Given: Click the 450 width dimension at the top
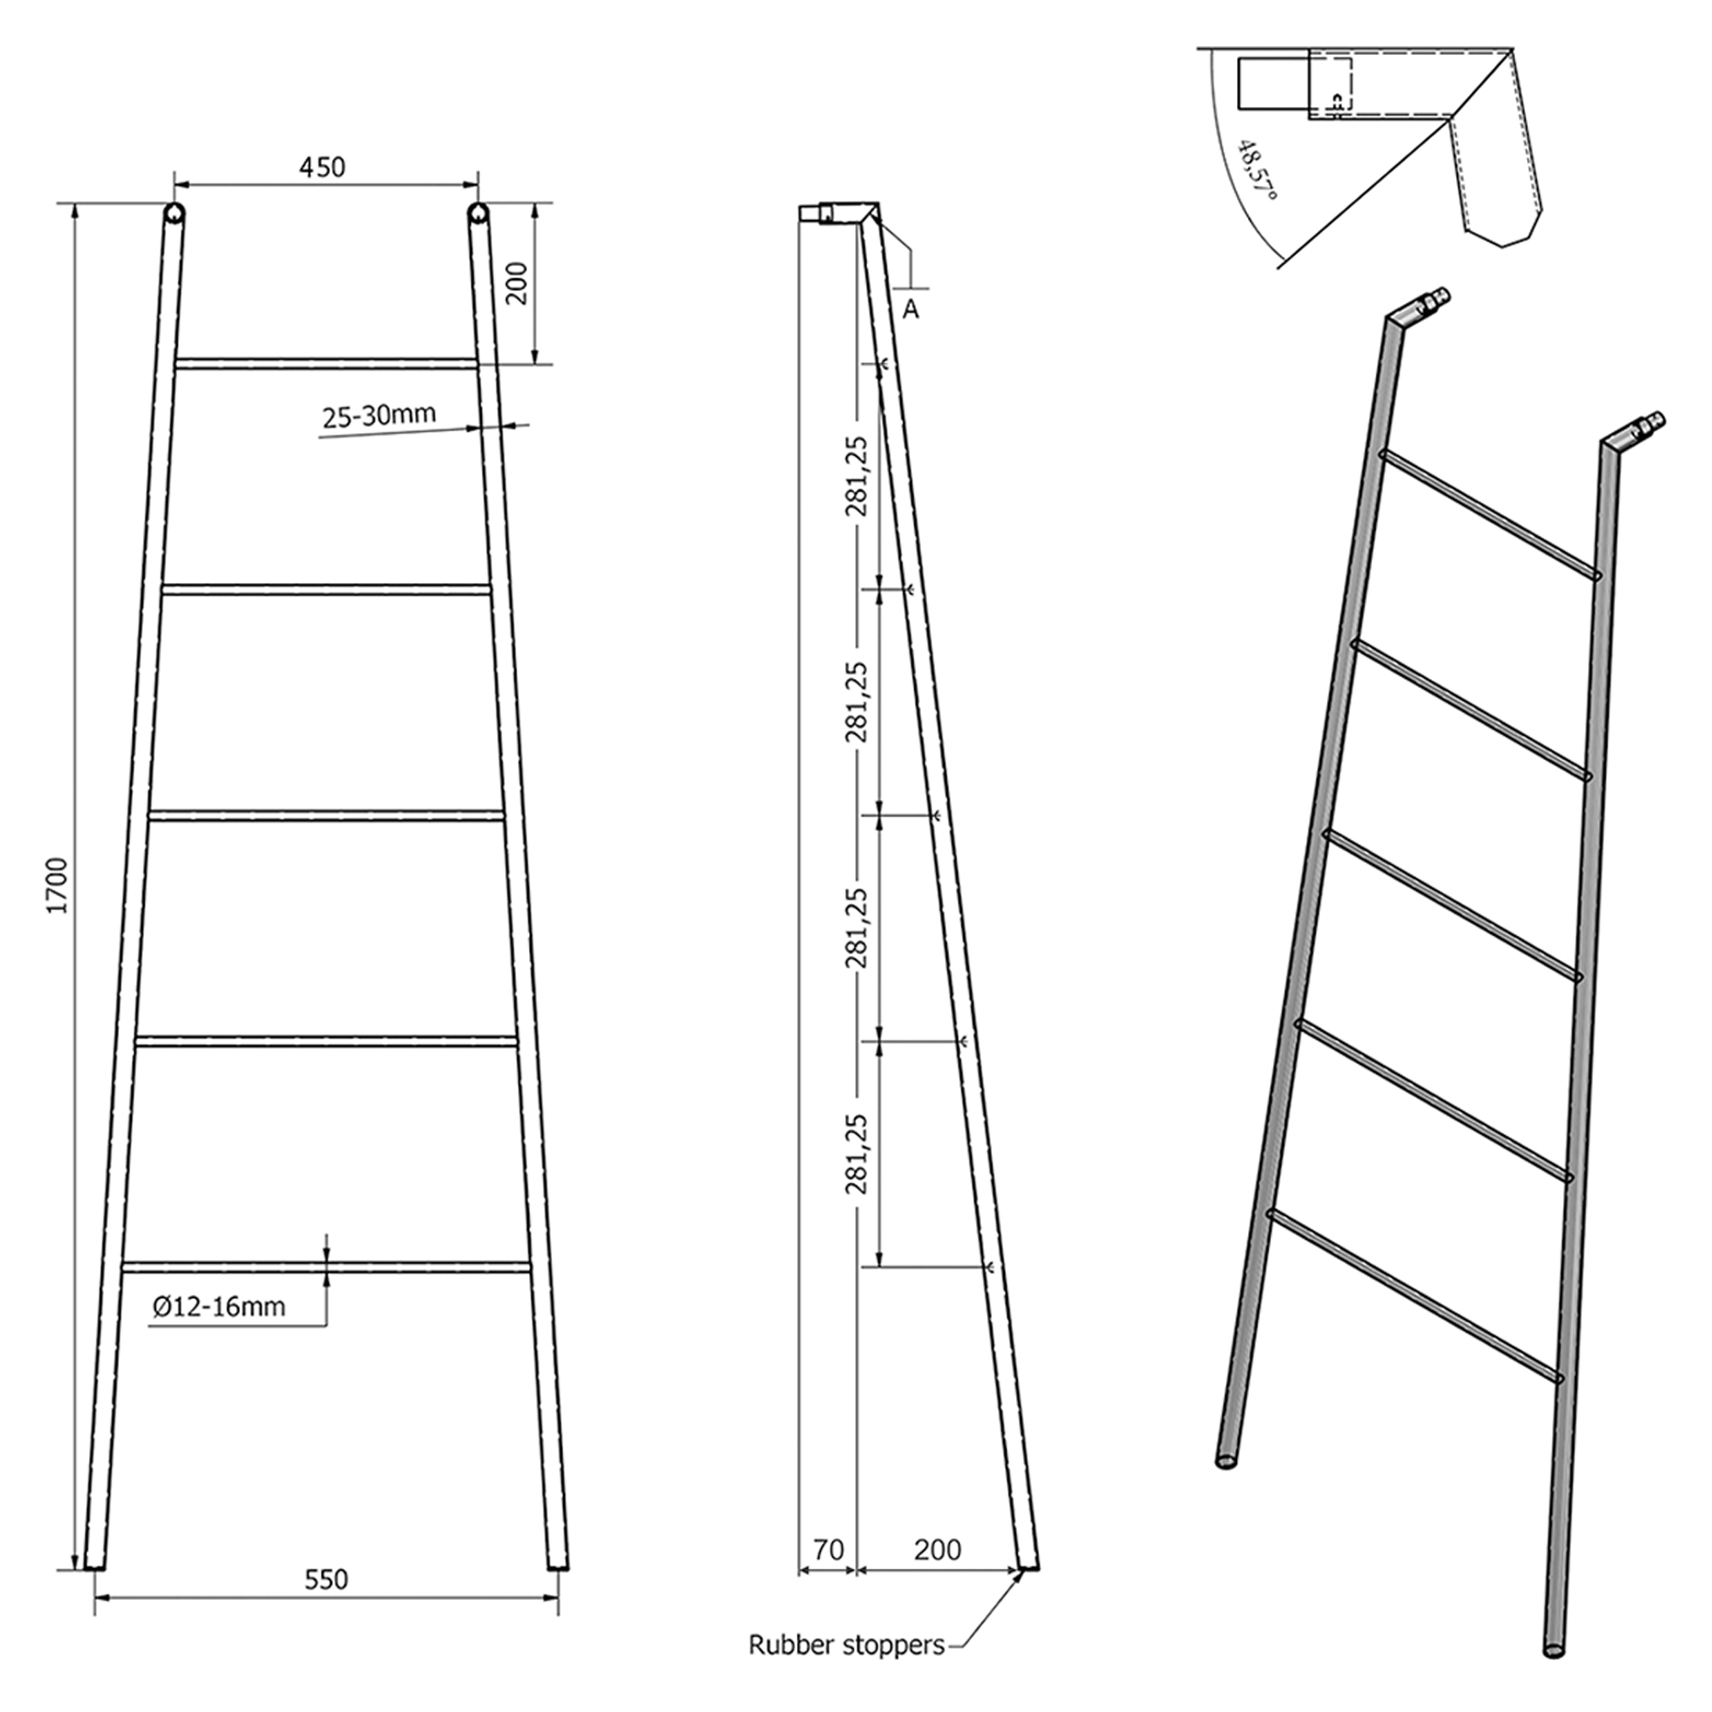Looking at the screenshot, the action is pos(322,167).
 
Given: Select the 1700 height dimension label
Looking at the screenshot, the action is pos(57,885).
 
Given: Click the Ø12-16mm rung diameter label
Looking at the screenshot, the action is pos(219,1306).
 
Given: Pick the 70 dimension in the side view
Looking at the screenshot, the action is pos(828,1550).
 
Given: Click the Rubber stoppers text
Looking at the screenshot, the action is pos(847,1644).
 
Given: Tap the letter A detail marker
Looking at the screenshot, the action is pos(910,309).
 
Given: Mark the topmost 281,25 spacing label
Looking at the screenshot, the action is pos(856,476).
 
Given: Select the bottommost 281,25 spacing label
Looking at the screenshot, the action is pos(856,1154).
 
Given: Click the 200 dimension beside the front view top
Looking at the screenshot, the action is pos(517,283).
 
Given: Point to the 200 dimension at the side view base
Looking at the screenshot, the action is pos(937,1550).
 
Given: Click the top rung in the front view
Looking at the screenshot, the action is pos(326,363).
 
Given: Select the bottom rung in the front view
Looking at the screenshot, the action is pos(326,1267).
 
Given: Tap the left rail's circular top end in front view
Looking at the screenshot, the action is pos(174,212).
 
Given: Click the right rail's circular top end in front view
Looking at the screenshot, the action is pos(479,212).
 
